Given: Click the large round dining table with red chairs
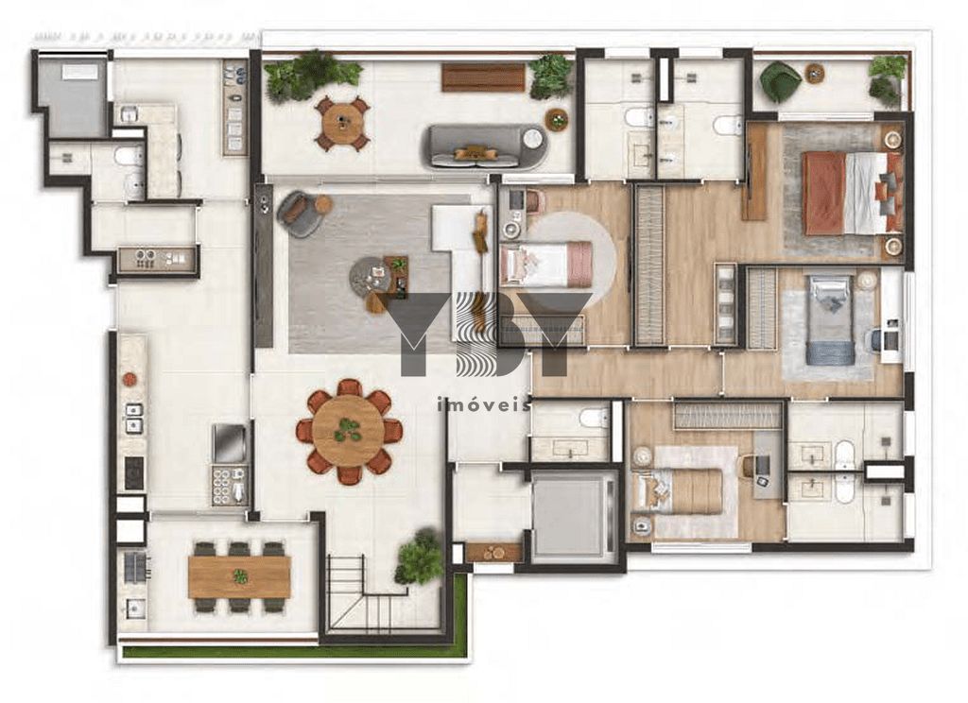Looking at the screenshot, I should point(349,432).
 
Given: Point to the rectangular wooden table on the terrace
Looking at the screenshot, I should point(239,576).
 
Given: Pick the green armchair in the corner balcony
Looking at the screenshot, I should point(780,82).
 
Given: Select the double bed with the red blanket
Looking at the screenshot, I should point(846,193).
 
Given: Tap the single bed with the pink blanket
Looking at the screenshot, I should point(545,264).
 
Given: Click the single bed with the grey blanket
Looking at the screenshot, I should point(830,318).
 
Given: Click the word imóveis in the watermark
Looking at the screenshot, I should point(482,404).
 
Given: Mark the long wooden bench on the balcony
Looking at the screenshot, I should point(483,77).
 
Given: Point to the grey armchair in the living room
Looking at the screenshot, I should point(300,214).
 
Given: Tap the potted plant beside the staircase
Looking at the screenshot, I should point(419,557).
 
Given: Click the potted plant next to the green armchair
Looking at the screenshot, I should point(887,78).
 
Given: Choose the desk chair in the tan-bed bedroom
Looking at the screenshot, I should point(750,465).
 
